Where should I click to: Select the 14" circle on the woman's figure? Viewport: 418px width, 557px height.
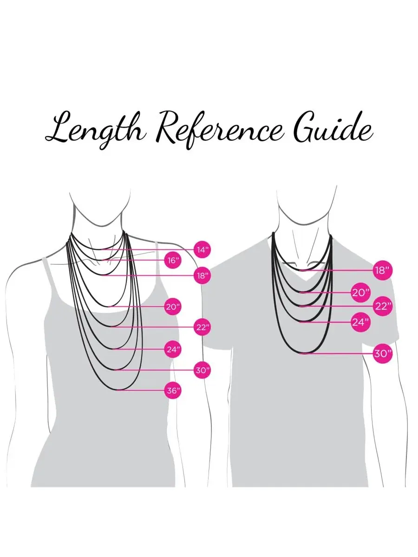point(202,250)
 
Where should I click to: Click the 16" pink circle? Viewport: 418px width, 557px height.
point(173,260)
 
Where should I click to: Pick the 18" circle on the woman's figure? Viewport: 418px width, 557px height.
point(202,276)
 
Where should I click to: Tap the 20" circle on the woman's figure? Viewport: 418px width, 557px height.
point(173,307)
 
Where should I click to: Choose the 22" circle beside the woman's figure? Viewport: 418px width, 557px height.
point(202,327)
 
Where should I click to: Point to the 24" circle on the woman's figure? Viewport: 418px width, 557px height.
point(173,350)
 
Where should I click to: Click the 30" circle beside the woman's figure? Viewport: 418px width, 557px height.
point(202,370)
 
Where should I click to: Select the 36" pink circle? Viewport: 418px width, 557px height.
point(173,390)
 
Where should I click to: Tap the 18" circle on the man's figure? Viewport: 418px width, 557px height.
point(383,271)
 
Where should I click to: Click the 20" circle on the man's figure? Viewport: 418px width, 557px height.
point(361,293)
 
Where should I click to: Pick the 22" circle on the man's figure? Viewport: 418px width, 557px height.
point(383,306)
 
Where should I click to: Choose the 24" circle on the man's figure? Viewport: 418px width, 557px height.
point(361,322)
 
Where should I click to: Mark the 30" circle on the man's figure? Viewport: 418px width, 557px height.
point(383,354)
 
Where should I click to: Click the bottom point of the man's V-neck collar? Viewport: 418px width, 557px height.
point(307,280)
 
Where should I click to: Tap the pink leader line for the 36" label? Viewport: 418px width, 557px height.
point(141,390)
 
